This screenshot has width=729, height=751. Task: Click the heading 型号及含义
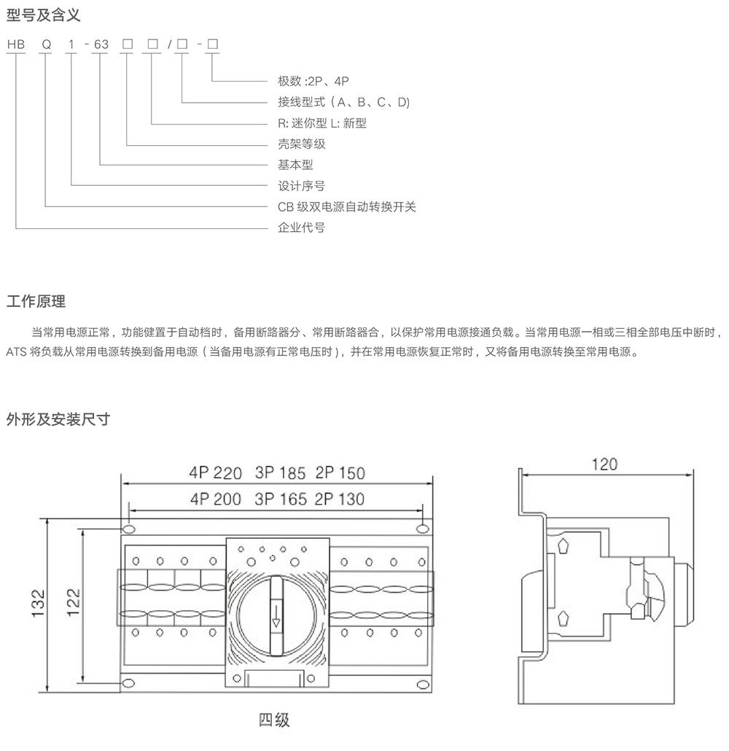coord(42,12)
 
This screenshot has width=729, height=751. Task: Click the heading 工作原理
coord(36,301)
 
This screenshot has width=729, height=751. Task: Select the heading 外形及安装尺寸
coord(58,419)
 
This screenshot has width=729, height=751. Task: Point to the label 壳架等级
coord(302,144)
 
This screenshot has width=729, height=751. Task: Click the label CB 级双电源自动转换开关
coord(347,206)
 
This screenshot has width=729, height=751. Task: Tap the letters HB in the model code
coord(15,44)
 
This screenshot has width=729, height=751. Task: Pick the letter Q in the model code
coord(46,44)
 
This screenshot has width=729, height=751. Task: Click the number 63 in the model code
coord(101,44)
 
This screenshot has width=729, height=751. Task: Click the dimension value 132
coord(39,602)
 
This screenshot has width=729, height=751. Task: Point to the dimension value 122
coord(73,602)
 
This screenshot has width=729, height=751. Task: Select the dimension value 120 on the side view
coord(604,464)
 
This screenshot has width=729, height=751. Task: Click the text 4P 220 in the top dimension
coord(215,472)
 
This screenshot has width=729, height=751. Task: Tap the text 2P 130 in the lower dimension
coord(340,499)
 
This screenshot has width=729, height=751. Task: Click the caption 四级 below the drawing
coord(274,720)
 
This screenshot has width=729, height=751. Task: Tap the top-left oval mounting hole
coord(128,527)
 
